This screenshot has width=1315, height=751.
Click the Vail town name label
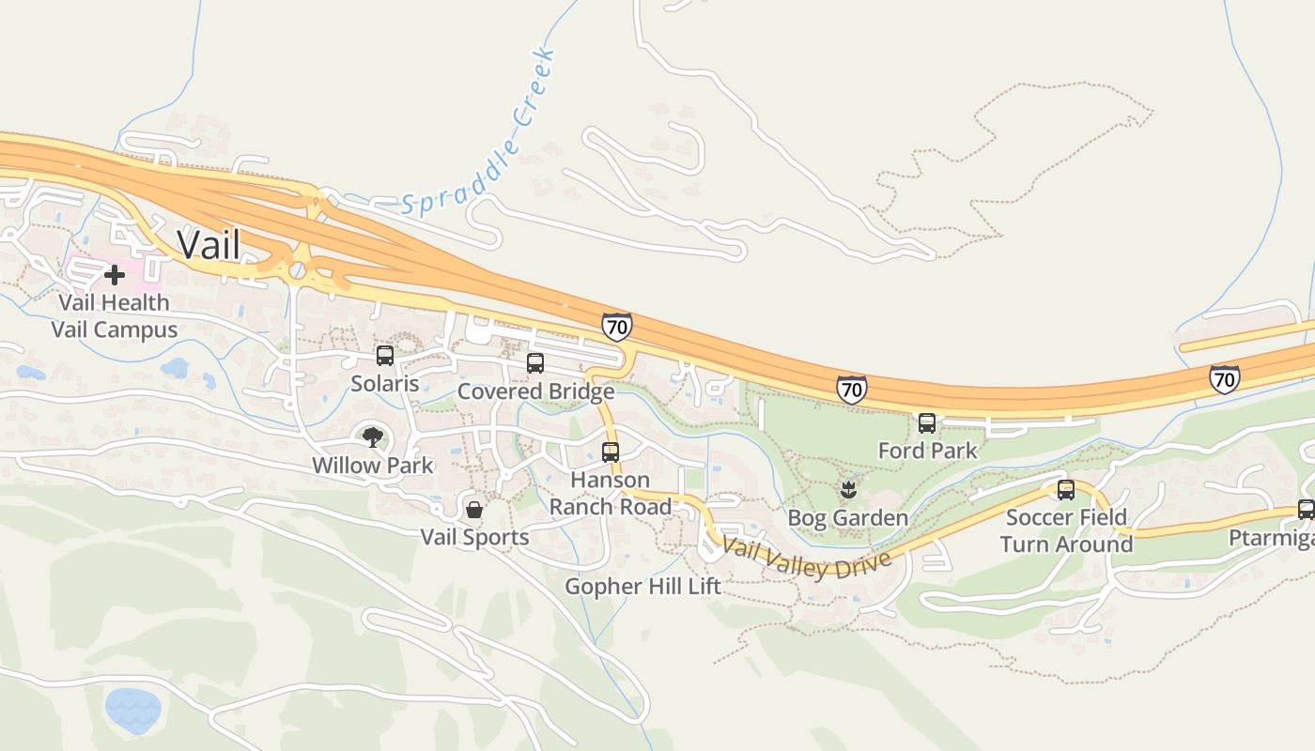(x=209, y=244)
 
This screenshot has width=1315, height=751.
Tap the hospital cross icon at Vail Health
(x=115, y=275)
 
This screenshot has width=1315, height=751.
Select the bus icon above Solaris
(x=384, y=356)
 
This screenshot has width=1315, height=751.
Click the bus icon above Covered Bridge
(x=535, y=363)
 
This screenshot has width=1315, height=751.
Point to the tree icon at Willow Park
(x=373, y=437)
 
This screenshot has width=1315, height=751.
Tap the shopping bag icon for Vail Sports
(x=474, y=510)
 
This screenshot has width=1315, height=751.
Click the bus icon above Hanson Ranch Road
(x=611, y=452)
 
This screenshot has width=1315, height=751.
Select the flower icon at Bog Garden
(x=847, y=489)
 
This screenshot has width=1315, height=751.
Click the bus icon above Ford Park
(x=927, y=423)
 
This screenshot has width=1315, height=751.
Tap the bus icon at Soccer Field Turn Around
(x=1066, y=490)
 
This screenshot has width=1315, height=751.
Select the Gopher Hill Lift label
(x=642, y=587)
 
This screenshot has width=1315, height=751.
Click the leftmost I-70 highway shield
(x=617, y=327)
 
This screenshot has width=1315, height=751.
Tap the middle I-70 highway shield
(x=851, y=389)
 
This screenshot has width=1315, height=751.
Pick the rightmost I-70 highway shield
(x=1224, y=378)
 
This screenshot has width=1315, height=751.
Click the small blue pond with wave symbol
(x=132, y=711)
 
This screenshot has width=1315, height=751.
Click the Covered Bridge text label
(x=535, y=391)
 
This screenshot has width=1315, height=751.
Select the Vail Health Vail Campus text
(x=115, y=316)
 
